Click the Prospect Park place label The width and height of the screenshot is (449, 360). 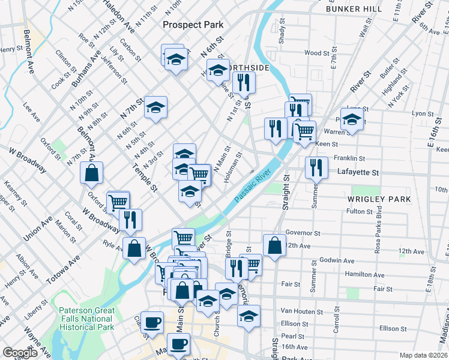coord(193,25)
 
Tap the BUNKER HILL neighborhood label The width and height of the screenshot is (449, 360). coord(354,9)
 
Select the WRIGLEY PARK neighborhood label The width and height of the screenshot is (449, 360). coord(379,199)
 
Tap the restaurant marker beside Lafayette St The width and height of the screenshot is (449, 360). coord(316,167)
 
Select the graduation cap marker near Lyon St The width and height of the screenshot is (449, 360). coord(352,118)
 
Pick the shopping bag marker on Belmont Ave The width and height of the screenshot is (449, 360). coord(91,173)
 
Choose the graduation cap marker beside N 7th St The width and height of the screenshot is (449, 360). coord(155,107)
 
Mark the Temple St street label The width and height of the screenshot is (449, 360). coord(147,179)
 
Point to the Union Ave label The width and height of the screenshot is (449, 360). coord(39,227)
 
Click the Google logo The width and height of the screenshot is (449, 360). coord(20,353)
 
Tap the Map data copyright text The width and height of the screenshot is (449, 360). coord(423,355)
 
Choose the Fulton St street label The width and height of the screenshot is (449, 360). coord(360,211)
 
